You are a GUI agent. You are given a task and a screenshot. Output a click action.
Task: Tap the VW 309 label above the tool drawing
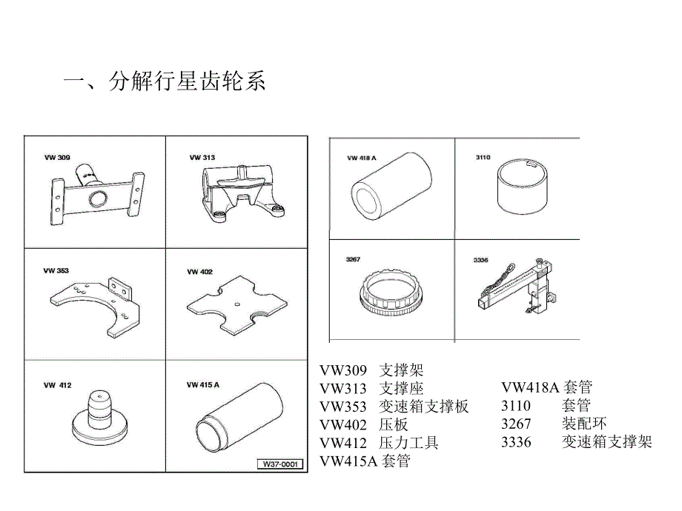click(57, 158)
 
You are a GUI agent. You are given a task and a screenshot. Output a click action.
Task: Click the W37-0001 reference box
click(279, 464)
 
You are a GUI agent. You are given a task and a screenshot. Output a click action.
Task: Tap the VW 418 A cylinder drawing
click(390, 187)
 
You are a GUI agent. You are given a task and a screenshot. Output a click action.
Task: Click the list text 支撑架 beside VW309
click(401, 370)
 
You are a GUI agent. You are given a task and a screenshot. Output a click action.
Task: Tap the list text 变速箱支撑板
click(424, 407)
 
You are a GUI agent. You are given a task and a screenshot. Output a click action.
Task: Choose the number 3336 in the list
click(516, 443)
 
